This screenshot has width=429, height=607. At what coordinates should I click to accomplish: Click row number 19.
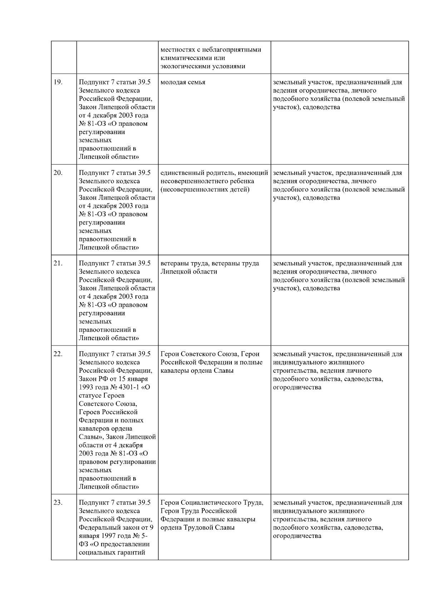pyautogui.click(x=58, y=82)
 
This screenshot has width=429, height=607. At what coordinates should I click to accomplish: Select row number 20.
pyautogui.click(x=58, y=173)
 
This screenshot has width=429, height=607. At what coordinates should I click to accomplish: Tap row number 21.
pyautogui.click(x=58, y=264)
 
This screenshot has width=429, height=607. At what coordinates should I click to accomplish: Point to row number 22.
pyautogui.click(x=58, y=354)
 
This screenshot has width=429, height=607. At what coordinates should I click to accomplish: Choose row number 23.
pyautogui.click(x=58, y=503)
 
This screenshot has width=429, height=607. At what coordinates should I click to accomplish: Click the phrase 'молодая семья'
pyautogui.click(x=183, y=82)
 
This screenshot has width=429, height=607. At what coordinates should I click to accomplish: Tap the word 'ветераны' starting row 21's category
pyautogui.click(x=174, y=264)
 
